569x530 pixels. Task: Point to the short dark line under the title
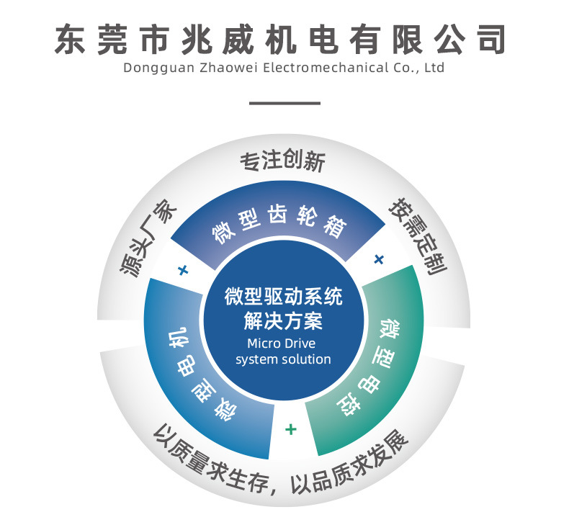(x=284, y=103)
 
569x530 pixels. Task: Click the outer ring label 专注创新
(x=282, y=161)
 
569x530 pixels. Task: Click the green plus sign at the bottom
(x=290, y=429)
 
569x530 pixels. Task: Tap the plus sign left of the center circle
(x=182, y=271)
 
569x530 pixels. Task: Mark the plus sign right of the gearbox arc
(x=380, y=259)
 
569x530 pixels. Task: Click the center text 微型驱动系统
(x=283, y=297)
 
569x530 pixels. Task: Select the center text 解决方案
(x=283, y=320)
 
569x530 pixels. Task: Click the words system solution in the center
(x=283, y=359)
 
